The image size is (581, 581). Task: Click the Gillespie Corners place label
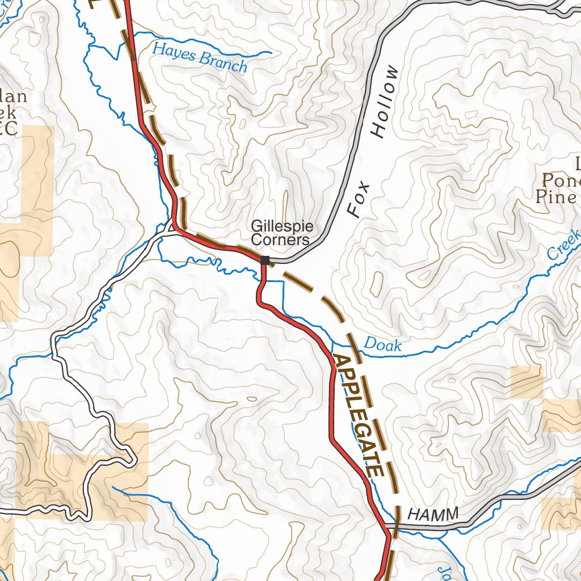tap(281, 233)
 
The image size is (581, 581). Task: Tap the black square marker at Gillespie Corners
tap(265, 260)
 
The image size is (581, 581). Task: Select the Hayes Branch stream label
tap(200, 59)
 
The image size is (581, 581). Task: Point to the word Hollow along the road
tap(385, 102)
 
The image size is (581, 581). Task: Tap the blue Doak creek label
tap(382, 344)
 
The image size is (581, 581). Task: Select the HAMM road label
tap(433, 515)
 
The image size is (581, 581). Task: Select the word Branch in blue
tap(224, 63)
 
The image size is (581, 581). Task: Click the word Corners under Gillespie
tap(280, 239)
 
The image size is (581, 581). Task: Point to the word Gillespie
tap(282, 227)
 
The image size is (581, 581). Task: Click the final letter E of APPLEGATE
tap(375, 470)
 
